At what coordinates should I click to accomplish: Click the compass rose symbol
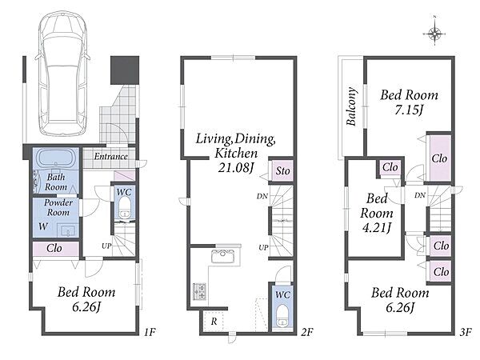434,33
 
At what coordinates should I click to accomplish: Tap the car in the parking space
62,74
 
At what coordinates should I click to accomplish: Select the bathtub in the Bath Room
56,158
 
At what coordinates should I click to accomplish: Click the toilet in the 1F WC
124,208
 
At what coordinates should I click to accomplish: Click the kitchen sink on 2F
223,256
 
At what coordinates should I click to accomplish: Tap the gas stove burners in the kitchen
199,291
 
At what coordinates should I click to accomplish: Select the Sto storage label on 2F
282,171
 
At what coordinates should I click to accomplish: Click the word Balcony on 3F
351,106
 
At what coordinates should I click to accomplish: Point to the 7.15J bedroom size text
409,110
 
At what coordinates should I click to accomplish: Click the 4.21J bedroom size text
376,228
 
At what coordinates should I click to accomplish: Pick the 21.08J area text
237,167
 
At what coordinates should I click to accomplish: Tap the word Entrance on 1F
110,156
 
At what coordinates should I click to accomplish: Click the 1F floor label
150,332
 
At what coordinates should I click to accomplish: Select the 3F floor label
466,332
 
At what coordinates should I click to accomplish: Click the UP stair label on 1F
106,246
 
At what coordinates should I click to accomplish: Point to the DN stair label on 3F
420,195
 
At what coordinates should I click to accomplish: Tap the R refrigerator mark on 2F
214,322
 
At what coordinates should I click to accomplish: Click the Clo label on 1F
54,248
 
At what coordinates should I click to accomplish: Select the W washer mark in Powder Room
43,226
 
